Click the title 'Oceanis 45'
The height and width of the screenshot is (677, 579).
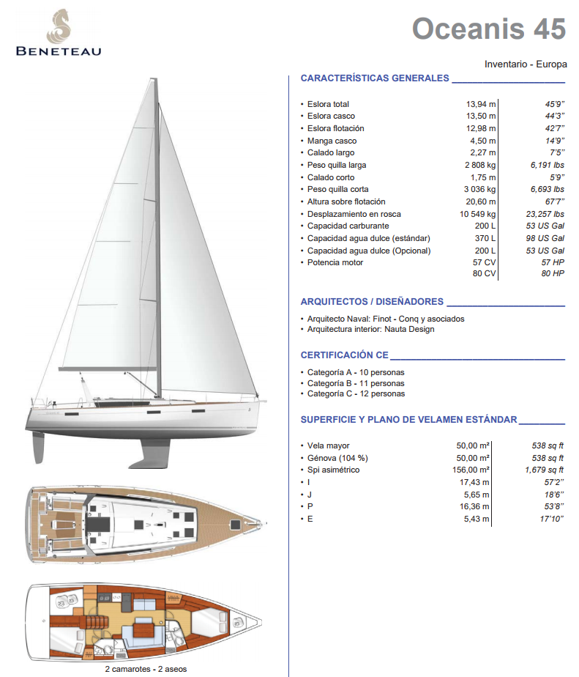[488, 29]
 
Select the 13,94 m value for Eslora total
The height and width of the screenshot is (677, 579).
[481, 104]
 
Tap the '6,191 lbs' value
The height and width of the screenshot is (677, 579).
[543, 165]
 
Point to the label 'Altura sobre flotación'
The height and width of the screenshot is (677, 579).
[346, 201]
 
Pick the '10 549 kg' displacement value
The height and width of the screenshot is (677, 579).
[477, 214]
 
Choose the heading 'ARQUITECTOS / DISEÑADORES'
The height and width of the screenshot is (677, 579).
[372, 301]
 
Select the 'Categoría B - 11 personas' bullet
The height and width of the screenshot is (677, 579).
[356, 383]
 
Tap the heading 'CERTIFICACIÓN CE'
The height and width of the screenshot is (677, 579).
[344, 355]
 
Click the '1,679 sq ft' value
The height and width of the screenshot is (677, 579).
[543, 470]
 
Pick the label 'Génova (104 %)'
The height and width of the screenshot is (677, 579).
[337, 458]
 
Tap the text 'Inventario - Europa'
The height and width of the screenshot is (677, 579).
[526, 64]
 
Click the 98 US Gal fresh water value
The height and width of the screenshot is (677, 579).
[545, 238]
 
